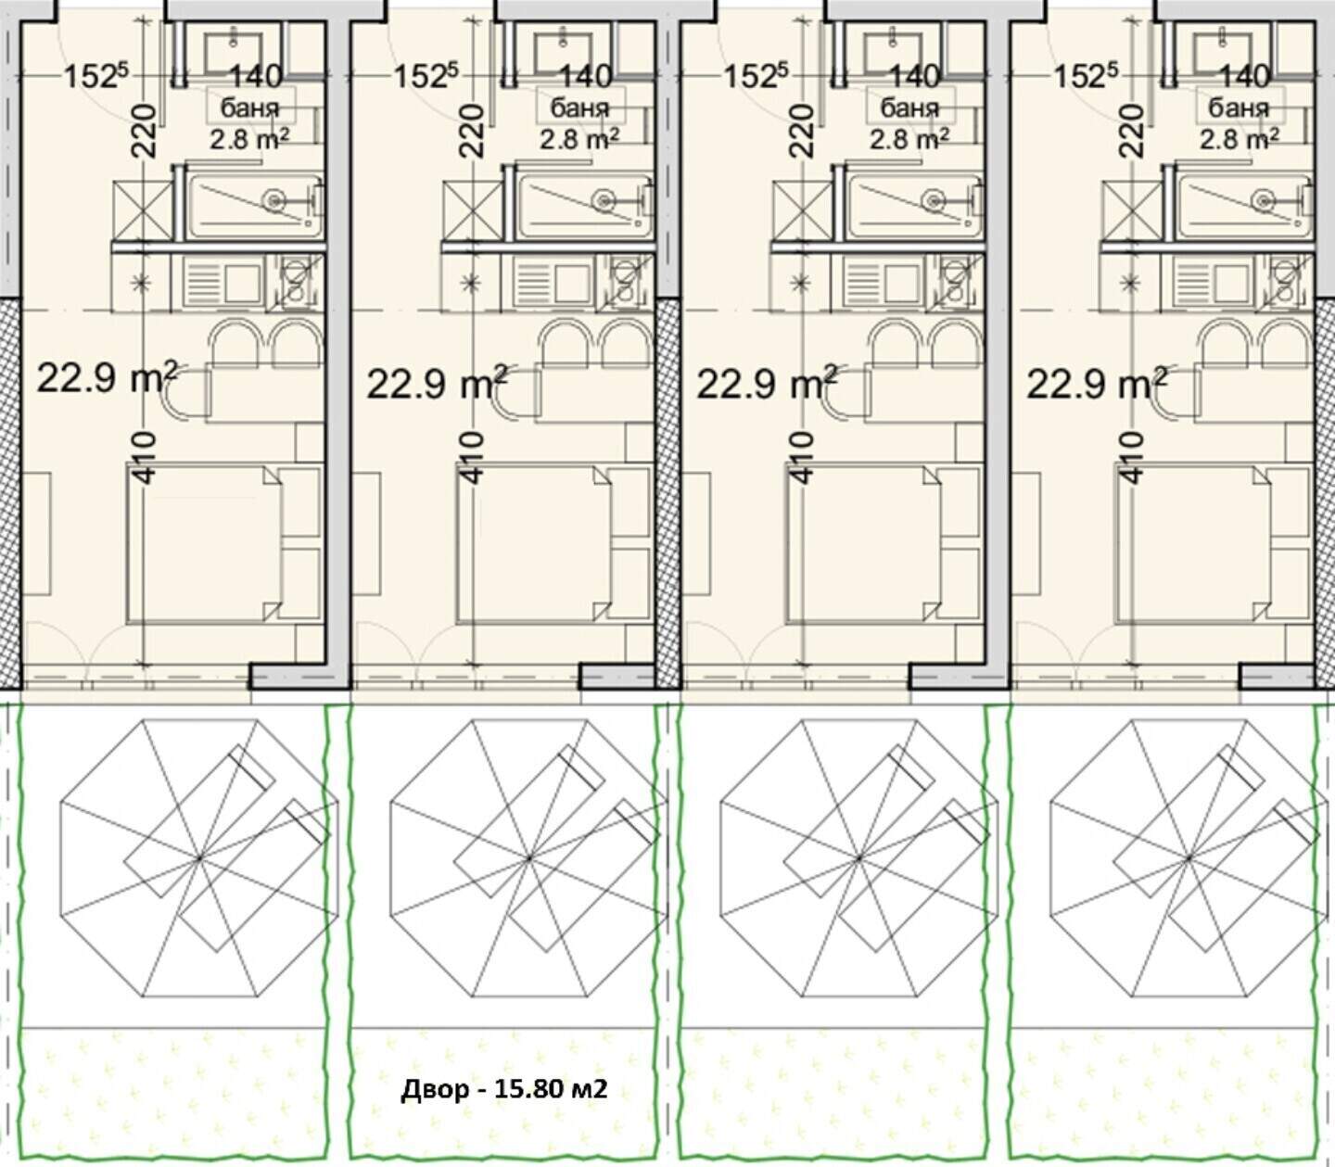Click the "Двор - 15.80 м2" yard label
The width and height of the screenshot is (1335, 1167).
click(503, 1090)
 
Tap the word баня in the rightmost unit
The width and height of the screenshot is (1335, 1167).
click(1239, 108)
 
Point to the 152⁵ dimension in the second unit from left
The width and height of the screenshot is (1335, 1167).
click(426, 76)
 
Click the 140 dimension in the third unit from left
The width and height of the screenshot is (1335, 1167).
click(915, 77)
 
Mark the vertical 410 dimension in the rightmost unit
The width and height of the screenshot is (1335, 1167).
click(1134, 457)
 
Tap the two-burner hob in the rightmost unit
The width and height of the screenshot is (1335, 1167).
click(1284, 281)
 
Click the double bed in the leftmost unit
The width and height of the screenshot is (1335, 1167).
click(204, 543)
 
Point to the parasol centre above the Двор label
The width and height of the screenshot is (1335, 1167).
click(529, 857)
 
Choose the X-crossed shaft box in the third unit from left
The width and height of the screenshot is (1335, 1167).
click(802, 210)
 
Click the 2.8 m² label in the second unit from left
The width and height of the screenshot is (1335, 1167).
click(579, 138)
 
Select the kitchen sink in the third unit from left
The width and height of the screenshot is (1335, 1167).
click(884, 282)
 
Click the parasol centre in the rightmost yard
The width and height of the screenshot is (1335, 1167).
click(1189, 857)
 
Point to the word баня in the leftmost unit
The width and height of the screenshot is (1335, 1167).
click(249, 108)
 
